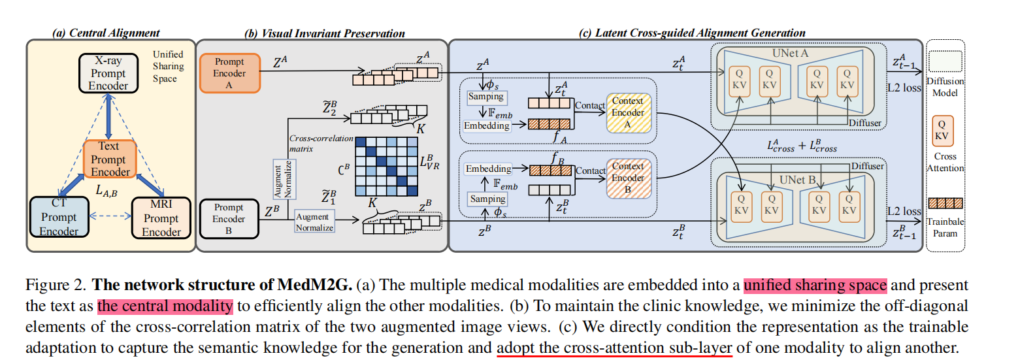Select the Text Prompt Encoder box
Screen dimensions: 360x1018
[x=109, y=159]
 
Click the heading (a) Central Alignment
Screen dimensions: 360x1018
[x=107, y=33]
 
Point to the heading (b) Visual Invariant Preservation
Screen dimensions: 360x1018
[x=324, y=33]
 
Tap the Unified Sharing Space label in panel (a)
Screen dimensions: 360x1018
[x=168, y=67]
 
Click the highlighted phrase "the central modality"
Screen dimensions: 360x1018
[x=165, y=306]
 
